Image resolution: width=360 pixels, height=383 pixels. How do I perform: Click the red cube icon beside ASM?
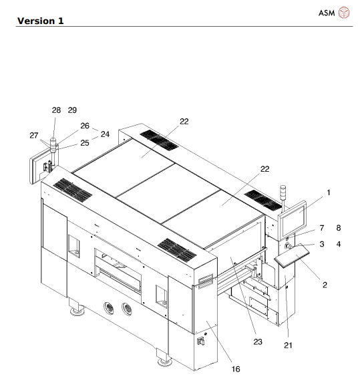(x=344, y=13)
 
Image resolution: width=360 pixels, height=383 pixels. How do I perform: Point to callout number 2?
(x=324, y=285)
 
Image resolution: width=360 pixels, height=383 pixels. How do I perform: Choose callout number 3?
(x=321, y=244)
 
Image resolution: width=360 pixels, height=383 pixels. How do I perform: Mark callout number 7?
(x=321, y=229)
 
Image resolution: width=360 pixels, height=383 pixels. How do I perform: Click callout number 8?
(x=339, y=229)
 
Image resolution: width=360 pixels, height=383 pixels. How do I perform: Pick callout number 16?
(x=235, y=368)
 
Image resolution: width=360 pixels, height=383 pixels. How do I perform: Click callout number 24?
(x=105, y=133)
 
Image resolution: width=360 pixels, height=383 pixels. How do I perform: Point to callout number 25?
(x=85, y=142)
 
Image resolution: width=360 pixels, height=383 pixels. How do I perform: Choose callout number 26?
(x=85, y=125)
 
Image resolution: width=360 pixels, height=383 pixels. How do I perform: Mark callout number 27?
(x=34, y=135)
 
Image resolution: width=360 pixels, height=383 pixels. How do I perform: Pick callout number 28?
(x=55, y=110)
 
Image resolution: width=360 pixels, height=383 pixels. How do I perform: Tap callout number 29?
(x=72, y=110)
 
